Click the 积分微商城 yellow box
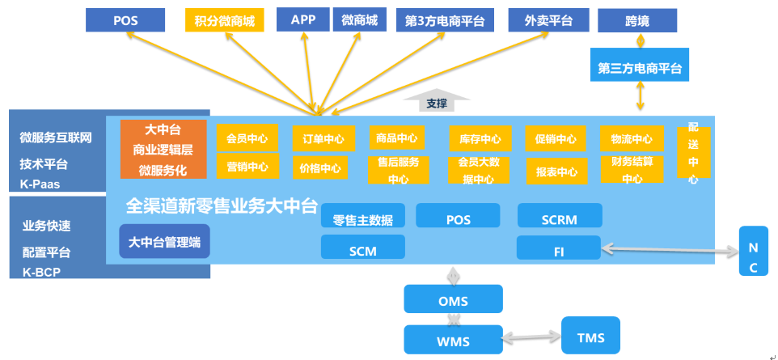pos(225,20)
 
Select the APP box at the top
pos(302,20)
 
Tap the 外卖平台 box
pos(548,20)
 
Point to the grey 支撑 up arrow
pos(436,101)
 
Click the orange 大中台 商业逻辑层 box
pos(163,150)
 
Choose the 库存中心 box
pos(480,139)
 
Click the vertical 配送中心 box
pos(693,153)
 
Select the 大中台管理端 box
pos(164,240)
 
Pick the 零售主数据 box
pos(362,218)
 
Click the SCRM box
pos(559,216)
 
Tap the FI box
pos(559,249)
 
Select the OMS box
pos(453,301)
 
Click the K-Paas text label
pos(40,184)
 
